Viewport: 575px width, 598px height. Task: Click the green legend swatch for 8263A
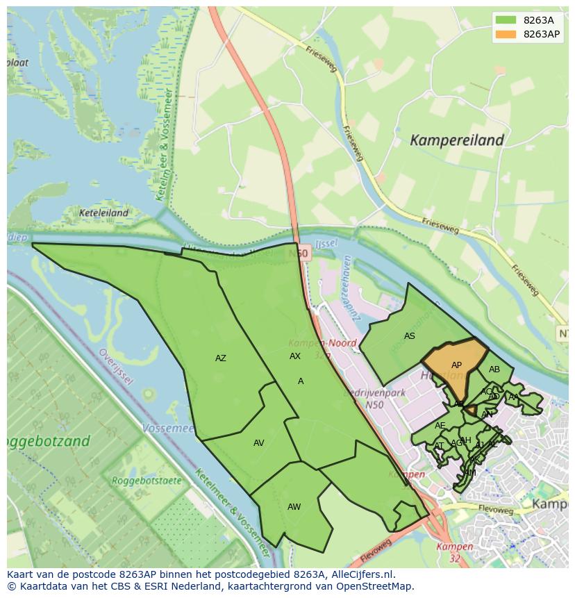tap(506, 20)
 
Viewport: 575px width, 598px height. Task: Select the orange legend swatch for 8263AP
tap(506, 34)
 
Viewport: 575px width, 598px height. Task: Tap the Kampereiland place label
tap(456, 140)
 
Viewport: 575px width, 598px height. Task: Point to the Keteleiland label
tap(103, 213)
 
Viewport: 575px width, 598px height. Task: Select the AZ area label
tap(220, 358)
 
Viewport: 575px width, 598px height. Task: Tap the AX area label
tap(295, 356)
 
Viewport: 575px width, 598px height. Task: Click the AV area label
tap(258, 443)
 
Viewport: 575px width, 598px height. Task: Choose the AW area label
tap(294, 507)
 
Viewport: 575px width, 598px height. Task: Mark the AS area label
tap(410, 336)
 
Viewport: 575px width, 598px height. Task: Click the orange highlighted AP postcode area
tap(455, 365)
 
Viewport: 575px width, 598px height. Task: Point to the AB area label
tap(494, 369)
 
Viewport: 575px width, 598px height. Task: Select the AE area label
tap(440, 426)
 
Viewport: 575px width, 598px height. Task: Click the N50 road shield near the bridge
tap(301, 255)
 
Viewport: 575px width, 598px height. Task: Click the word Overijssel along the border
tap(114, 369)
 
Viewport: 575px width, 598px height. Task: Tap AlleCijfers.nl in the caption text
tap(360, 574)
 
